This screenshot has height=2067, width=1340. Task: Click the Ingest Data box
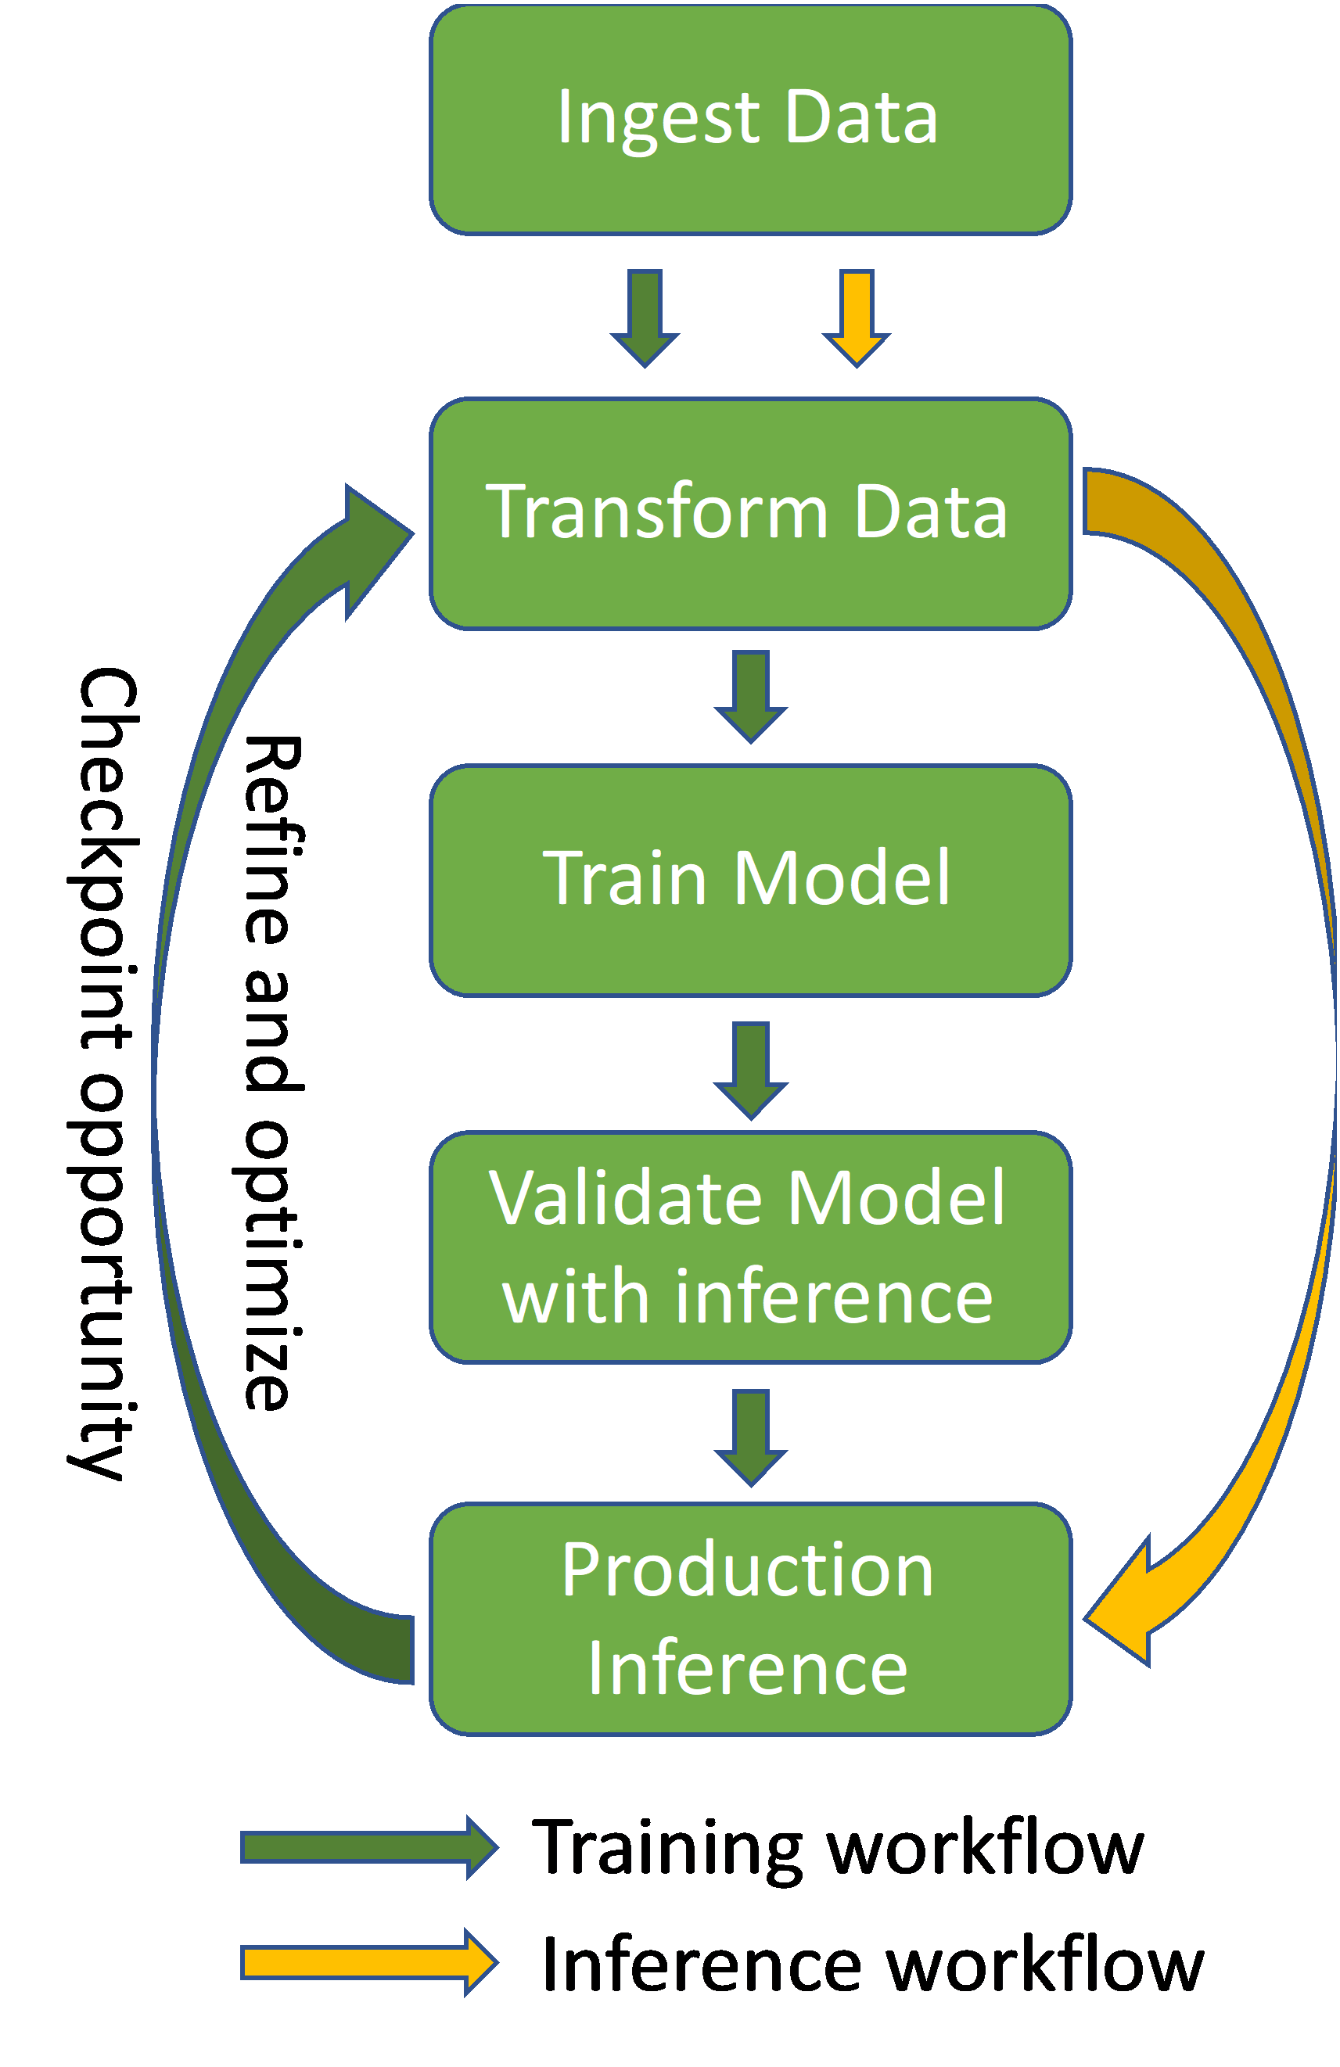750,119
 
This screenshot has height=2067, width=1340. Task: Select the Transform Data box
750,513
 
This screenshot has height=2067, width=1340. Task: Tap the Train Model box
750,881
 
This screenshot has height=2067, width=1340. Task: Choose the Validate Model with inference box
750,1247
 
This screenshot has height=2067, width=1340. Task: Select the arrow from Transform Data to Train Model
750,697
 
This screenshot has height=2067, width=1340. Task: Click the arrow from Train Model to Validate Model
750,1071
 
